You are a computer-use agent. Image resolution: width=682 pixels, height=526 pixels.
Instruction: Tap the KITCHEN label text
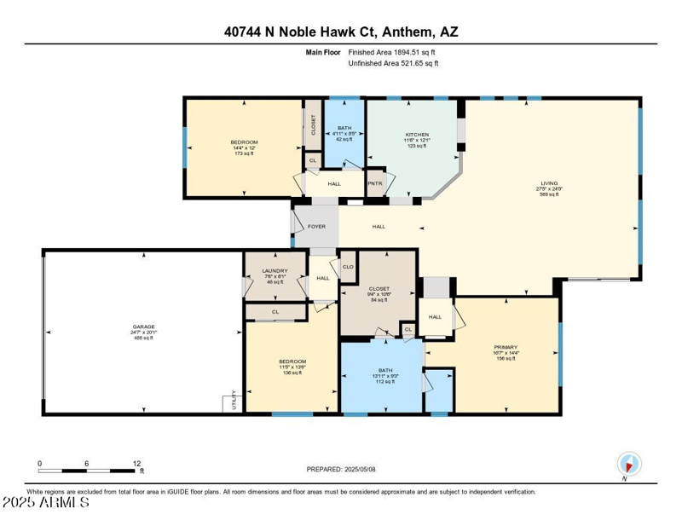click(x=417, y=135)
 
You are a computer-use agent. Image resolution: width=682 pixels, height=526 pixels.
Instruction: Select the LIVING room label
click(x=548, y=183)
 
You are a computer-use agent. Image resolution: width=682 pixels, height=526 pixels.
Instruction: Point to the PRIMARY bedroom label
click(x=506, y=347)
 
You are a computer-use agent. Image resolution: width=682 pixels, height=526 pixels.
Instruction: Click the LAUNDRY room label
click(x=275, y=271)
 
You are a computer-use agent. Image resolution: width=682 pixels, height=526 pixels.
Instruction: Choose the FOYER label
click(x=316, y=227)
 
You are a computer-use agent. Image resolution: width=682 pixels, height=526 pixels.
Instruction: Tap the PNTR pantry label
click(x=375, y=183)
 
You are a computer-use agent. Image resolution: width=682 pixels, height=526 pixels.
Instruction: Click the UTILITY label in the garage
click(x=234, y=402)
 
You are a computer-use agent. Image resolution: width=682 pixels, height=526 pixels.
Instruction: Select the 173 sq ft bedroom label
click(x=244, y=142)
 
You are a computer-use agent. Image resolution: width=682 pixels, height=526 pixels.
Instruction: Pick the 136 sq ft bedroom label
click(x=292, y=362)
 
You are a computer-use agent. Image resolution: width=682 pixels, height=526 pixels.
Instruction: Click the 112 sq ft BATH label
click(x=385, y=370)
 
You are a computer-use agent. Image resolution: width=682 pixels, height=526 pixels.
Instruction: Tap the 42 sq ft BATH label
click(x=344, y=128)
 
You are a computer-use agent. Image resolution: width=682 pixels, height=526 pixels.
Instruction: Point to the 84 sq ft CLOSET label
click(x=379, y=289)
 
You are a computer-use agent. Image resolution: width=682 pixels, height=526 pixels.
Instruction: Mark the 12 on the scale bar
click(x=136, y=464)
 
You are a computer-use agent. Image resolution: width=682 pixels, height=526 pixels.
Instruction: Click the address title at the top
click(x=340, y=32)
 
